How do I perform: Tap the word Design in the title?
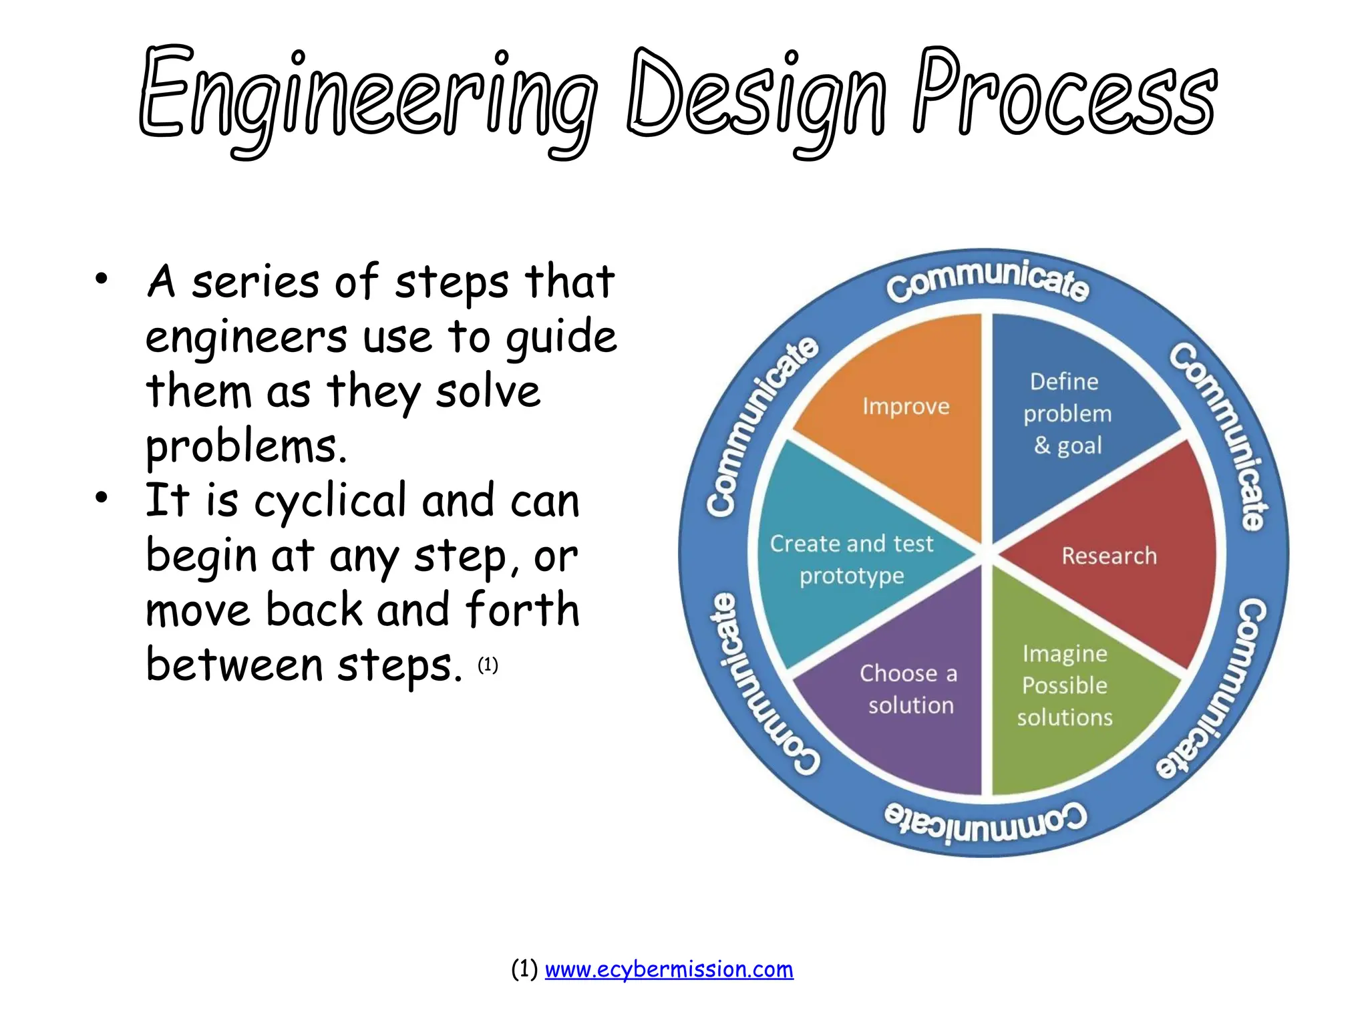click(x=758, y=100)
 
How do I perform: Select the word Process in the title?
click(x=1065, y=94)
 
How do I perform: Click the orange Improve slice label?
click(x=906, y=407)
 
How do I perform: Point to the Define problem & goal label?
click(x=1067, y=413)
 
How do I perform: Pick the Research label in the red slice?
click(x=1109, y=556)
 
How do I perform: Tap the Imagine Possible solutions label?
click(x=1065, y=685)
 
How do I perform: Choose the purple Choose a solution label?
click(x=910, y=689)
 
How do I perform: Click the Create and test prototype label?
click(x=852, y=560)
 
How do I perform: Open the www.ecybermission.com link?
click(x=669, y=969)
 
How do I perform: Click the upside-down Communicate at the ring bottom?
click(x=985, y=822)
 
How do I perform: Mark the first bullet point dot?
click(x=101, y=279)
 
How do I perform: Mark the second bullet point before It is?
click(x=101, y=498)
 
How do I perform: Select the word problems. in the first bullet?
click(x=246, y=446)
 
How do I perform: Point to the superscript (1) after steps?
click(x=488, y=665)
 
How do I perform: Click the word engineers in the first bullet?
click(x=246, y=337)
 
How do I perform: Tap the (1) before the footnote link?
click(x=524, y=969)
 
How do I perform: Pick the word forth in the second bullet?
click(x=522, y=609)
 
